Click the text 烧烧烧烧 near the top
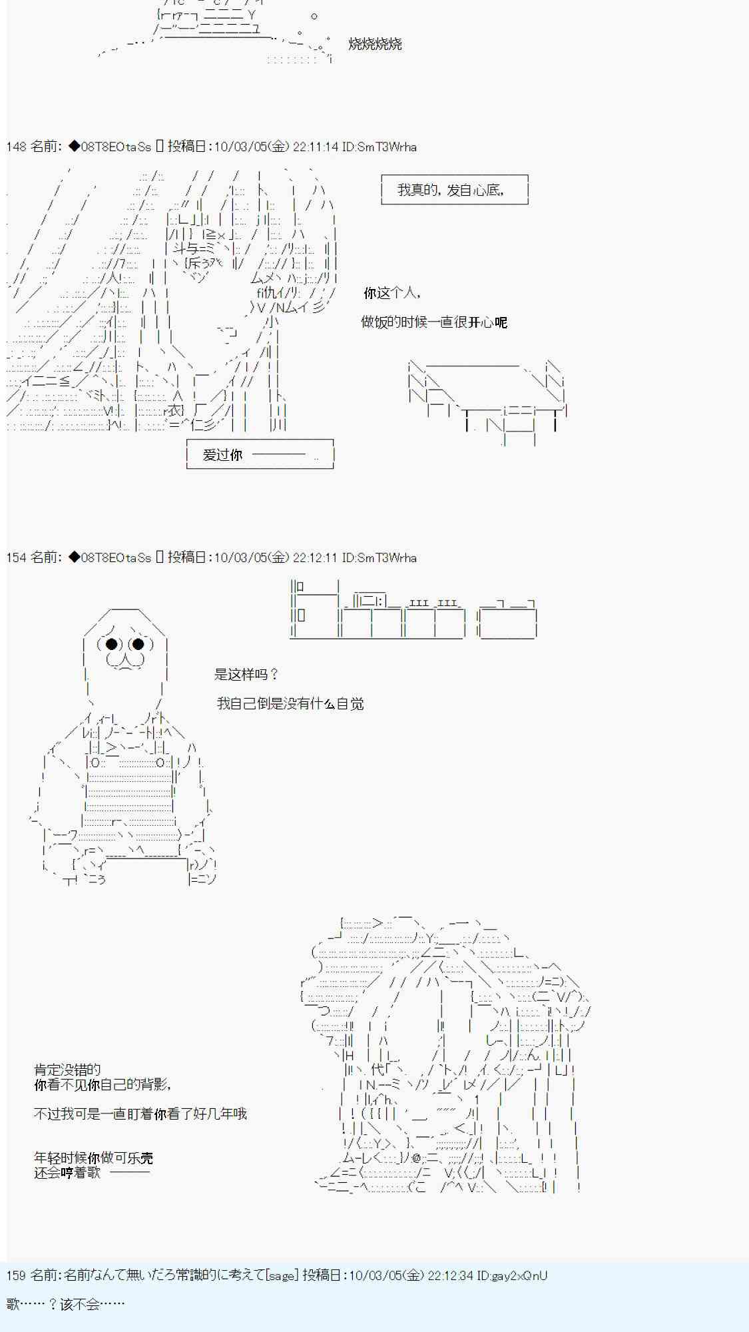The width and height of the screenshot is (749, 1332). point(375,45)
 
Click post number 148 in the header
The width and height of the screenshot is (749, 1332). point(16,147)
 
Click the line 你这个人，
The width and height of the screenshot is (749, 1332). point(391,293)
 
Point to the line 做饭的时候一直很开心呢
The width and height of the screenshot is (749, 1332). point(433,322)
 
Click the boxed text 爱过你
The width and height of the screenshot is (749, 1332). point(223,455)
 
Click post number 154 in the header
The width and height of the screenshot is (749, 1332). point(16,557)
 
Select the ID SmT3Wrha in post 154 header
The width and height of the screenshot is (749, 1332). point(387,557)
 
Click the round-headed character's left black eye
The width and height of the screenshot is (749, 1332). point(112,644)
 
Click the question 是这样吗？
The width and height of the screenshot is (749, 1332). point(246,675)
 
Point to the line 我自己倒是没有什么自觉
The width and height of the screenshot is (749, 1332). point(290,704)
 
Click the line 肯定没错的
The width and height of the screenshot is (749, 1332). point(67,1070)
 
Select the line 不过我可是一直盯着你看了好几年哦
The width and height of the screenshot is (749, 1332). point(140,1114)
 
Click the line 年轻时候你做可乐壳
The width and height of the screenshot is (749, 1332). point(93,1158)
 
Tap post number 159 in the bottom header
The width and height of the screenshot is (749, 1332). point(16,1275)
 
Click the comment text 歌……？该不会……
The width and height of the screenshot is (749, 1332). point(65,1305)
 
